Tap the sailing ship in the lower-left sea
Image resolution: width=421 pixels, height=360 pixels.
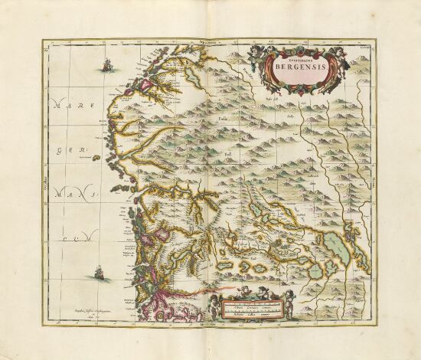98,272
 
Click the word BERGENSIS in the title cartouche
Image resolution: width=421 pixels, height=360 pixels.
295,67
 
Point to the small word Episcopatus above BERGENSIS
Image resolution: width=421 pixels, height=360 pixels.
295,56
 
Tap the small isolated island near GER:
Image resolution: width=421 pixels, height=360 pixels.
97,158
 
